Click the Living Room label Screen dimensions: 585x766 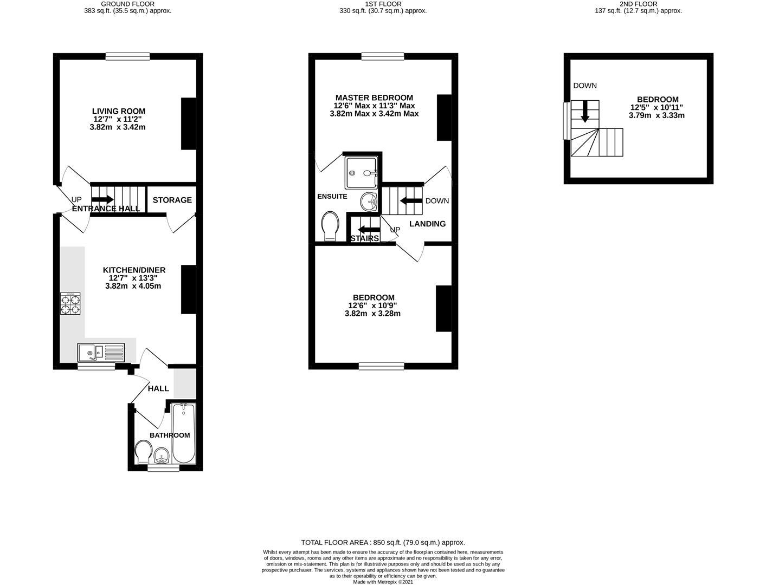point(119,111)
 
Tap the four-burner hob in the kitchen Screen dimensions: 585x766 point(70,304)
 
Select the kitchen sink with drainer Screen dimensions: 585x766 point(101,353)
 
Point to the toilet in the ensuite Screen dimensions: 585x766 point(330,226)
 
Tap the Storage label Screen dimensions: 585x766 point(172,200)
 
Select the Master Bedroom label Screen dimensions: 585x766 point(374,97)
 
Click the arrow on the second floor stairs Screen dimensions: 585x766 point(585,112)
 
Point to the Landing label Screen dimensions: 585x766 point(427,224)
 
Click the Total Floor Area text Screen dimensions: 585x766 point(383,542)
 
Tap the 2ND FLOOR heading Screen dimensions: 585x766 point(645,4)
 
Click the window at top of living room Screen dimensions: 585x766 point(127,56)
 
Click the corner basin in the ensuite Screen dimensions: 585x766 point(369,201)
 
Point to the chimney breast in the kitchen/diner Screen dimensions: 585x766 point(188,290)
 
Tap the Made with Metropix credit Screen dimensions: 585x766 point(383,582)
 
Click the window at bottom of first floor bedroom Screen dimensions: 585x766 point(381,366)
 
